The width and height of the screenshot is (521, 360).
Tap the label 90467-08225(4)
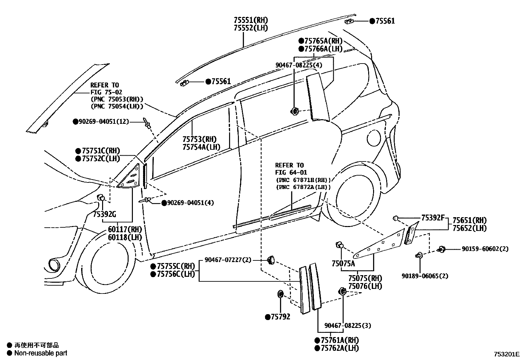(x=298, y=65)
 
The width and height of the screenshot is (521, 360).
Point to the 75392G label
(x=104, y=215)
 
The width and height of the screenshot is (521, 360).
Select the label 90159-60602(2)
(x=485, y=249)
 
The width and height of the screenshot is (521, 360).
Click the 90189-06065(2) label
(x=425, y=276)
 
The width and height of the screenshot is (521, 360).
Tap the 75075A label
(x=343, y=263)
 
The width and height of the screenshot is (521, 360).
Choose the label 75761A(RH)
(x=337, y=340)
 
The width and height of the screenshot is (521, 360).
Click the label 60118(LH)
(x=125, y=237)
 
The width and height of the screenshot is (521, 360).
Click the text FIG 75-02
(x=106, y=92)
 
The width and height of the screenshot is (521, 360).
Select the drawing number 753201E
(x=506, y=354)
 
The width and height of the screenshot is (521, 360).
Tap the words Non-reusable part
(x=41, y=353)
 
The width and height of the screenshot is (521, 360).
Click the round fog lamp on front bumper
(x=53, y=265)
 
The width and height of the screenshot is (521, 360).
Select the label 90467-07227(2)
(x=228, y=260)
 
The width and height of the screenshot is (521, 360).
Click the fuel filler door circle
(x=373, y=138)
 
